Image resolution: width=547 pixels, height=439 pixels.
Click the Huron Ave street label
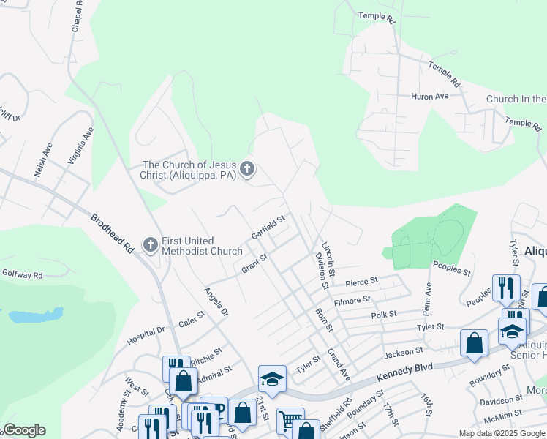point(430,96)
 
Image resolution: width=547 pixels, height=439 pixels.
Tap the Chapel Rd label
point(76,16)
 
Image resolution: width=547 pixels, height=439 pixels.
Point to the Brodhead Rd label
point(112,233)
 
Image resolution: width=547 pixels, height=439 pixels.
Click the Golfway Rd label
point(21,275)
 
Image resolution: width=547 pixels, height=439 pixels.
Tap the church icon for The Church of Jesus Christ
point(247,170)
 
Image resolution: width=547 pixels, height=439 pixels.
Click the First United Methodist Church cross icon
point(151,244)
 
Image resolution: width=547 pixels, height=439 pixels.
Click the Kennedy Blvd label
point(405,371)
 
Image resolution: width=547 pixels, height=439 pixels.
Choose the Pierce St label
point(361,281)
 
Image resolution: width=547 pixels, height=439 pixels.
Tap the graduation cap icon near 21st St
point(272,379)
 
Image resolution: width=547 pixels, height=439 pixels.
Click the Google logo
point(24,430)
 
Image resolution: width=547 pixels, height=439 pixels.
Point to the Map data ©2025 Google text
point(501,432)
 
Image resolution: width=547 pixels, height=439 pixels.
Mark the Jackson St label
point(399,354)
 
